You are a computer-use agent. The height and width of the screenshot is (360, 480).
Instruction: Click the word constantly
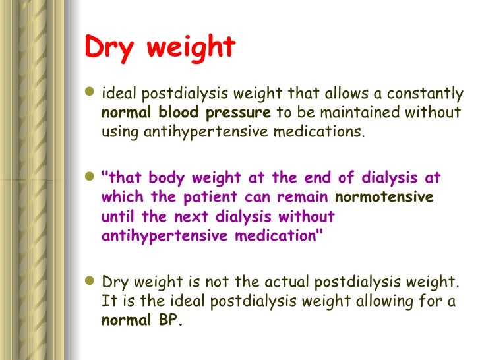[x=431, y=94]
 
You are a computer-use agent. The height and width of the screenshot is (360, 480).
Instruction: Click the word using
[x=119, y=132]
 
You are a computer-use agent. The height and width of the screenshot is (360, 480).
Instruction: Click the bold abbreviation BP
[x=169, y=322]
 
